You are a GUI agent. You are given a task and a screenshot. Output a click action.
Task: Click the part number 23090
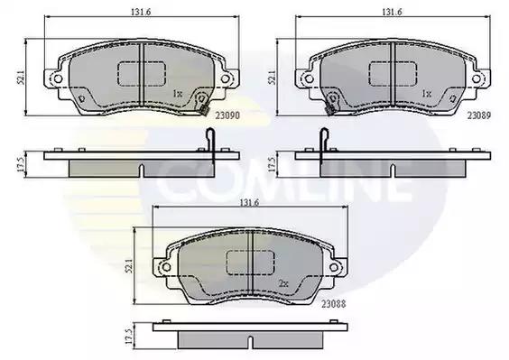point(227,115)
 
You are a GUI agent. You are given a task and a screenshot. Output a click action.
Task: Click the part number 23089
point(479,115)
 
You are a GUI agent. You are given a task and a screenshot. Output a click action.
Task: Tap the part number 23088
point(334,304)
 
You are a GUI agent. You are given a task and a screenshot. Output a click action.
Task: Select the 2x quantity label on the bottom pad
point(283,283)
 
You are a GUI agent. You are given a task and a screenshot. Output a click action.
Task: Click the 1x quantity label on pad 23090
point(178,94)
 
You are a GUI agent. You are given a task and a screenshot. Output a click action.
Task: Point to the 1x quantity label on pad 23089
point(427,94)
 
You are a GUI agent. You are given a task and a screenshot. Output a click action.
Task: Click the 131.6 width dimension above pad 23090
point(141,12)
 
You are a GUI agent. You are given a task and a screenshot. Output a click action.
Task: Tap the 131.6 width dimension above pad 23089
point(392,12)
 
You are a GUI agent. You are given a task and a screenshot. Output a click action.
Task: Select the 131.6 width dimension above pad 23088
point(249,203)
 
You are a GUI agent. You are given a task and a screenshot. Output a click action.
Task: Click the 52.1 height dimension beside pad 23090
point(21,78)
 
